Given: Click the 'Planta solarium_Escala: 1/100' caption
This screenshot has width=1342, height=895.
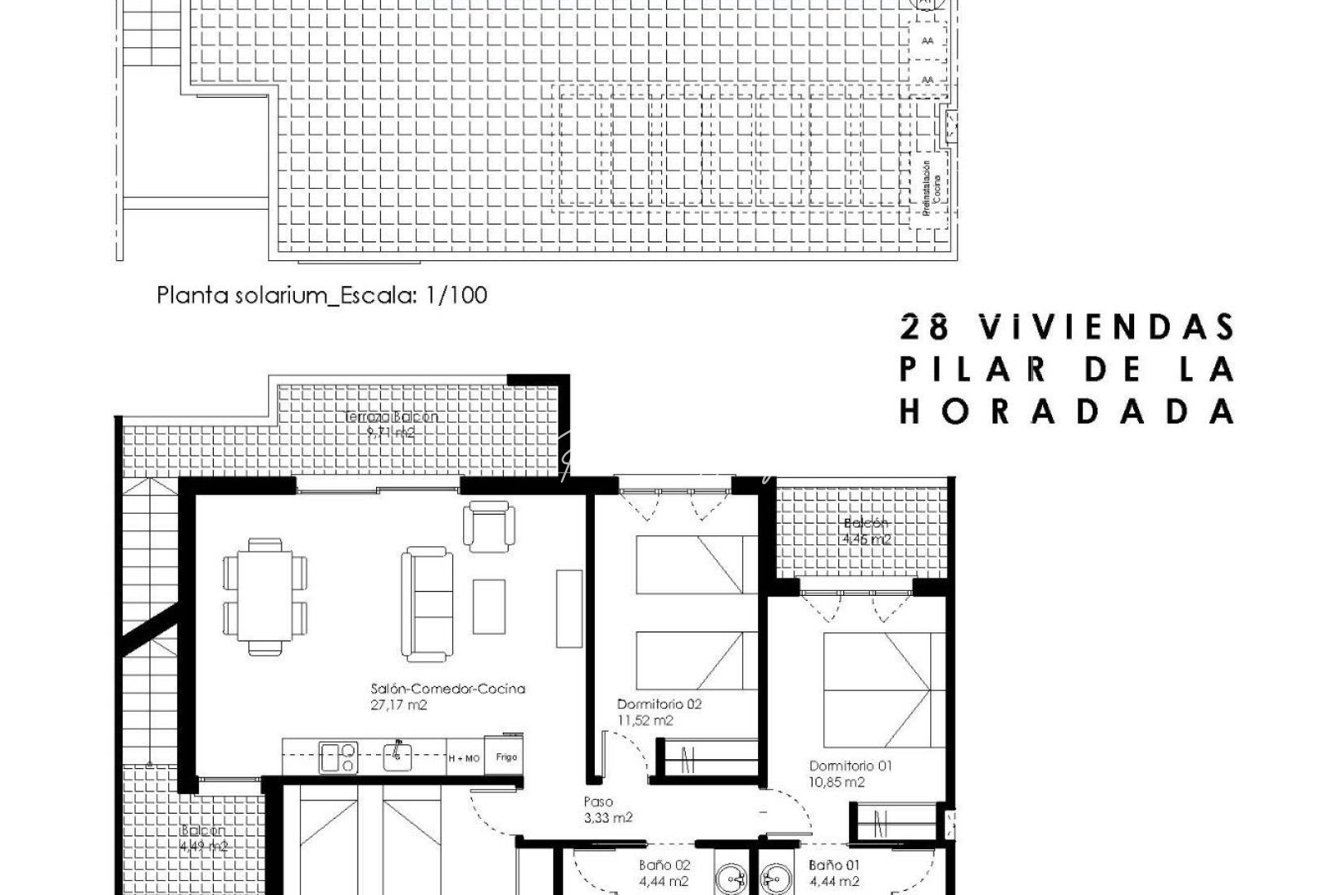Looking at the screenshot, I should click(x=322, y=295).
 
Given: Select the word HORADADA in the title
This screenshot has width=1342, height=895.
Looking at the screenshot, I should click(x=1067, y=412).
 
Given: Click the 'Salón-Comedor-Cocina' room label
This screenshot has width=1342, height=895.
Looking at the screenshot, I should click(x=448, y=689).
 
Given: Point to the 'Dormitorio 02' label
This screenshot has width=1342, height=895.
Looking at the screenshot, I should click(x=659, y=704).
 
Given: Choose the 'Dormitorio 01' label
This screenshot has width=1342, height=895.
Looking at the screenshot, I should click(x=850, y=766).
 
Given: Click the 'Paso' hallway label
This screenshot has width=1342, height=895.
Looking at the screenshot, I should click(x=598, y=801).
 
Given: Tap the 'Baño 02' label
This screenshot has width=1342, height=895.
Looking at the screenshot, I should click(x=664, y=865).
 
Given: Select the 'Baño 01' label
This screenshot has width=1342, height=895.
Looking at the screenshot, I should click(x=834, y=865).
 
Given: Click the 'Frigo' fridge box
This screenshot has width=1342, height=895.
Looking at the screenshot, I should click(x=506, y=757).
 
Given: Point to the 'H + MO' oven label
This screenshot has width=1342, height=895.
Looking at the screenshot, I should click(x=464, y=758).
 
